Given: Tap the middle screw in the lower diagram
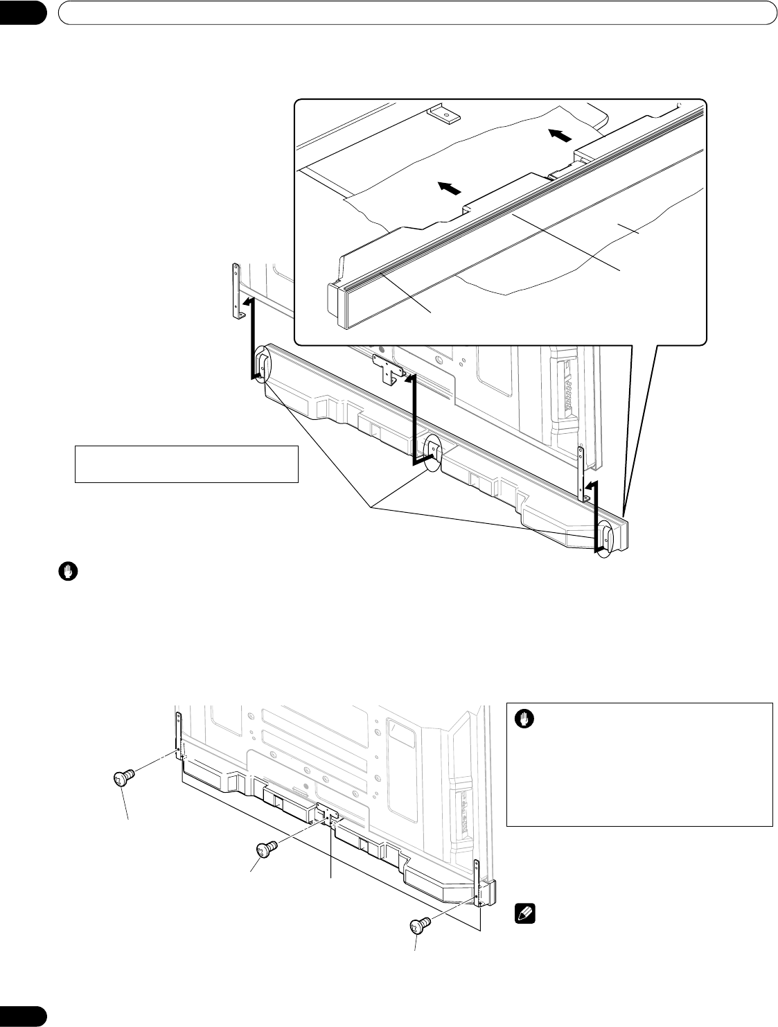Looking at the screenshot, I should coord(267,850).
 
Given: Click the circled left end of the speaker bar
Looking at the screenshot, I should coord(263,365).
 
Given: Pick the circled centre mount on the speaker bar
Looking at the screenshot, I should coord(432,452).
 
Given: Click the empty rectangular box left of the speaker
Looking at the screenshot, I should coord(186,464).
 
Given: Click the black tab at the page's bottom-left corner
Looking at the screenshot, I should coord(22,1014).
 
